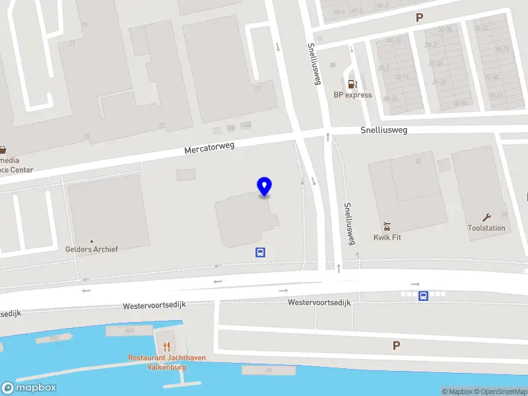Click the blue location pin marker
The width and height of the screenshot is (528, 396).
point(265,187)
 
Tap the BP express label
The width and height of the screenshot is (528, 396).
point(352,95)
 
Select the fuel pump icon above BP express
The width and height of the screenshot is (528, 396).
point(353,84)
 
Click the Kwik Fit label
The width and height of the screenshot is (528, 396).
point(387,238)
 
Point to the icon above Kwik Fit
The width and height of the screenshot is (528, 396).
point(387,226)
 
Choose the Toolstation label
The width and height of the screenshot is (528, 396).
point(486,228)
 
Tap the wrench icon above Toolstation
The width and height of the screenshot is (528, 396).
point(487,217)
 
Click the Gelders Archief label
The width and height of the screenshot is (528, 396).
point(92,249)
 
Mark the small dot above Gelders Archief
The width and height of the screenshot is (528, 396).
point(92,242)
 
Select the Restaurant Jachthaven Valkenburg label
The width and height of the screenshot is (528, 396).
point(166,362)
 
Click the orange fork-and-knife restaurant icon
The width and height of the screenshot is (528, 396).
point(166,346)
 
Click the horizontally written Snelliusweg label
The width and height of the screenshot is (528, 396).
point(383,130)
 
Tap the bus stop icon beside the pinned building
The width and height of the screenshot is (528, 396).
point(261,251)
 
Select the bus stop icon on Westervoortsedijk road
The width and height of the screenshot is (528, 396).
point(423,296)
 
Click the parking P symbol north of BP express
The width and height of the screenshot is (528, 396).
point(419,18)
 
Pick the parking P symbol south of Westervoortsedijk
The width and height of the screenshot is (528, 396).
point(397,345)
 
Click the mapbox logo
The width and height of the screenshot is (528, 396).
point(28,388)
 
